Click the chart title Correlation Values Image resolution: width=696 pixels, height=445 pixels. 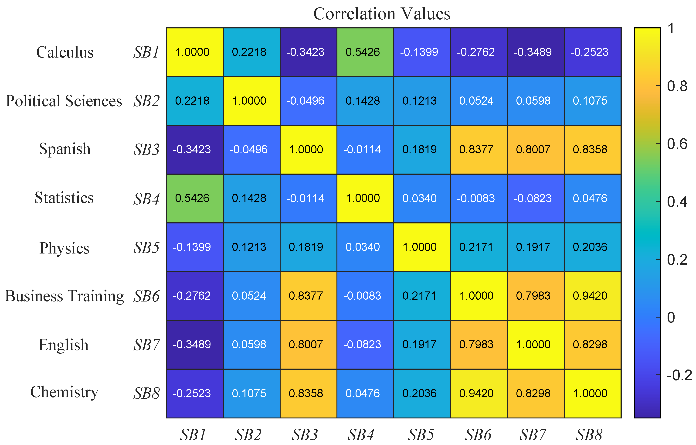tap(381, 14)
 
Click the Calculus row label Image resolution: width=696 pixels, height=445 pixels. tap(65, 52)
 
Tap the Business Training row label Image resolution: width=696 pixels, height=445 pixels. tap(65, 296)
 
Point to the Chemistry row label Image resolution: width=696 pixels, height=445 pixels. tap(64, 392)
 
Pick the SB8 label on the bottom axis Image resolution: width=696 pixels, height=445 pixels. tap(589, 435)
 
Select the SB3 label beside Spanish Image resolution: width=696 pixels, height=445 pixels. tap(146, 150)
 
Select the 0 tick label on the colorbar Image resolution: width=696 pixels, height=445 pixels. tap(671, 317)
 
